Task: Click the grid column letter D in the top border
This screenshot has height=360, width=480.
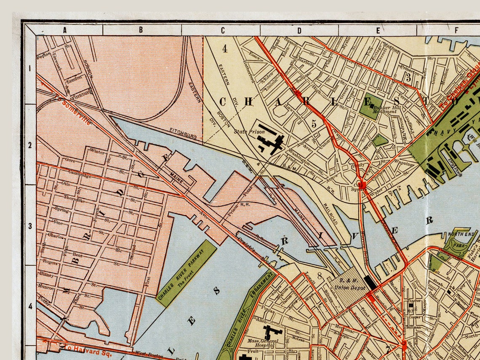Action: (299, 30)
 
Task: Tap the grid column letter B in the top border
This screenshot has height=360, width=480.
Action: (141, 30)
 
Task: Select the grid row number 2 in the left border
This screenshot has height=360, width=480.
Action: (30, 145)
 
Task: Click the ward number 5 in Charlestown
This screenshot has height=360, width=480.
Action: (314, 123)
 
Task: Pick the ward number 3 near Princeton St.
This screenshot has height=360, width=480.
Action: (408, 77)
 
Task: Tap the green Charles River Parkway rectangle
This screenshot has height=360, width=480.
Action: (186, 273)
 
